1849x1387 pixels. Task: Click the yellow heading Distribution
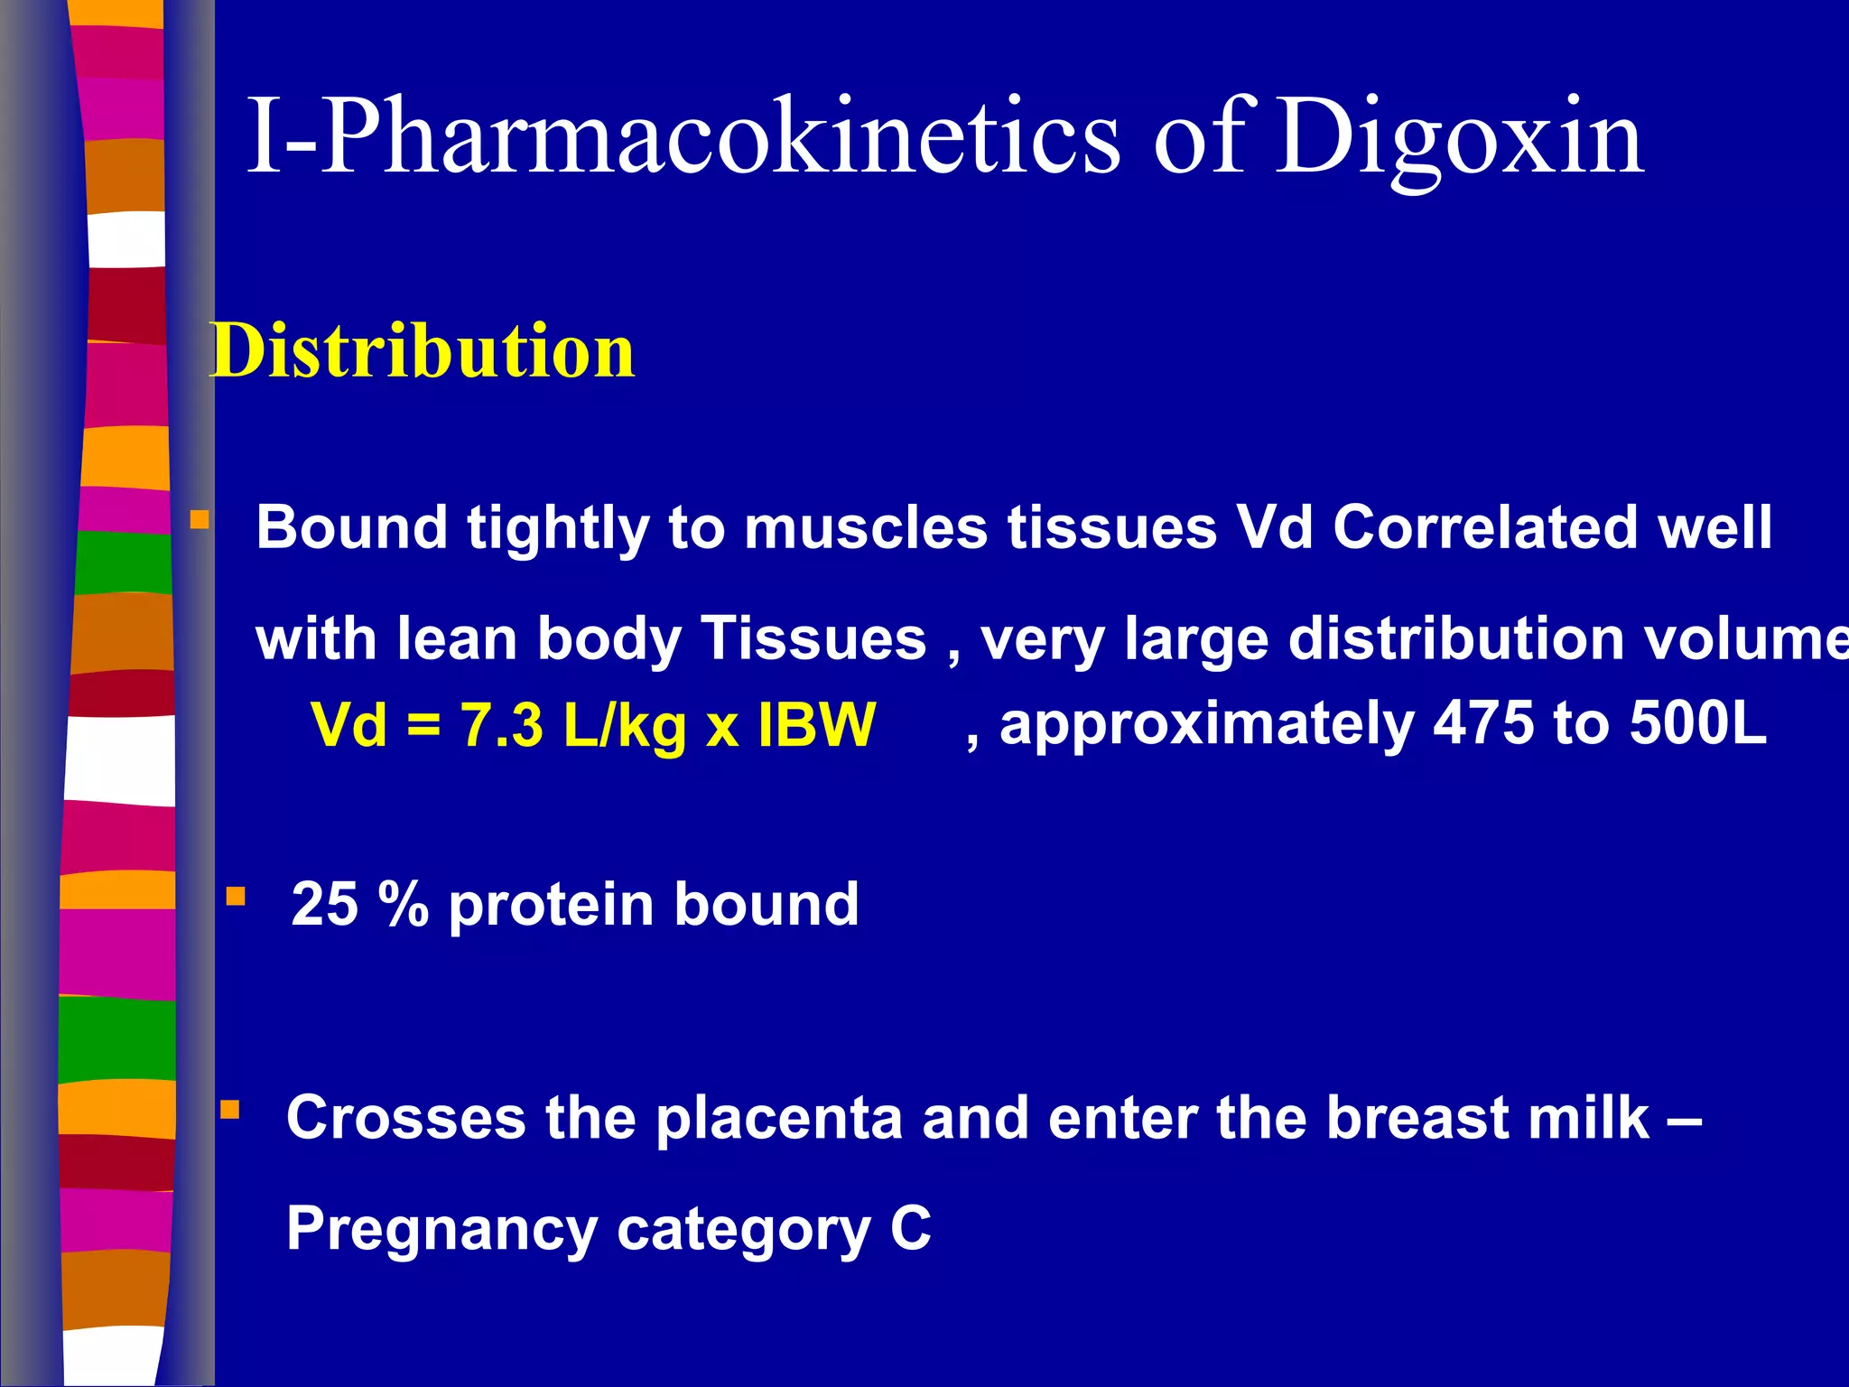click(x=423, y=351)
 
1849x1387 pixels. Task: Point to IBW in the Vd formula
click(x=816, y=725)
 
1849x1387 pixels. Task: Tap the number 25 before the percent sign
click(x=324, y=904)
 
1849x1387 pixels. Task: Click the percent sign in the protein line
click(x=403, y=904)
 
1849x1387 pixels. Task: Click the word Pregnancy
click(x=441, y=1230)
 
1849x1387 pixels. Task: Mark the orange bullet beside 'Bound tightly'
click(x=200, y=520)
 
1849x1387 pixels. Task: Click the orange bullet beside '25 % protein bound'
click(x=236, y=896)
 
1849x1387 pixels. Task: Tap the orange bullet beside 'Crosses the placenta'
click(x=230, y=1110)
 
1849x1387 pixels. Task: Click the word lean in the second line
click(x=458, y=639)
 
